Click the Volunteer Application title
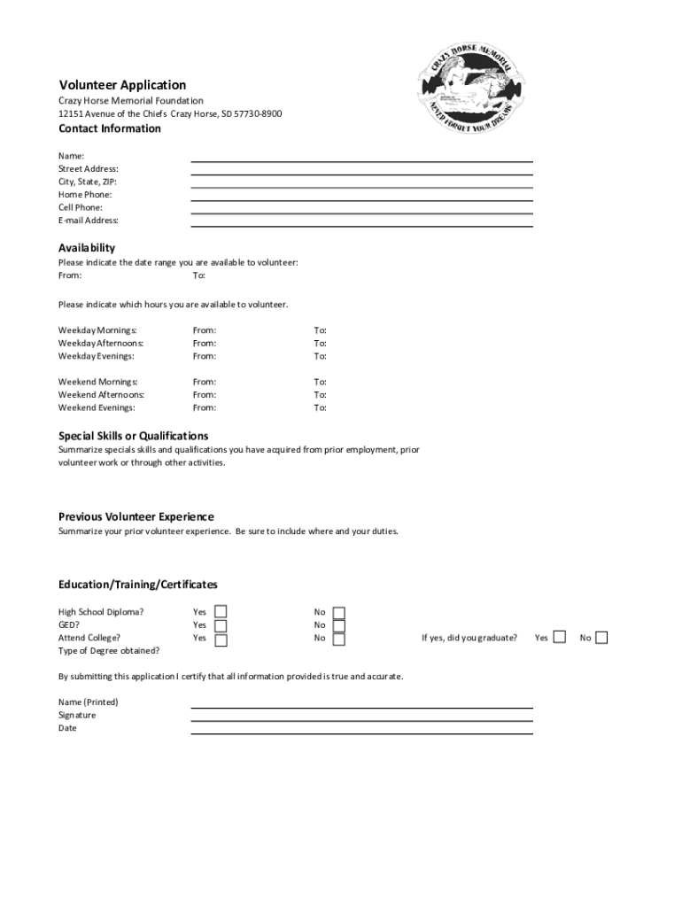click(x=122, y=85)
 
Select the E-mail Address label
click(x=89, y=221)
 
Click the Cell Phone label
click(x=81, y=207)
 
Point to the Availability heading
click(x=87, y=248)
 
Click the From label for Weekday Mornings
click(x=205, y=330)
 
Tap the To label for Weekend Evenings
click(x=320, y=408)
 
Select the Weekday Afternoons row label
click(x=101, y=344)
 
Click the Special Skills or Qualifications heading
click(x=134, y=436)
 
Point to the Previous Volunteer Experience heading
click(x=136, y=516)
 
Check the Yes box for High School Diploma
click(x=221, y=612)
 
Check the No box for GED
click(x=339, y=625)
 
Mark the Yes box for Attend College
click(x=221, y=639)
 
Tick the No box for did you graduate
click(x=601, y=638)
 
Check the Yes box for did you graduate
click(x=559, y=638)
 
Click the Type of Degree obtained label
click(x=109, y=651)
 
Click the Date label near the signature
click(x=68, y=728)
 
